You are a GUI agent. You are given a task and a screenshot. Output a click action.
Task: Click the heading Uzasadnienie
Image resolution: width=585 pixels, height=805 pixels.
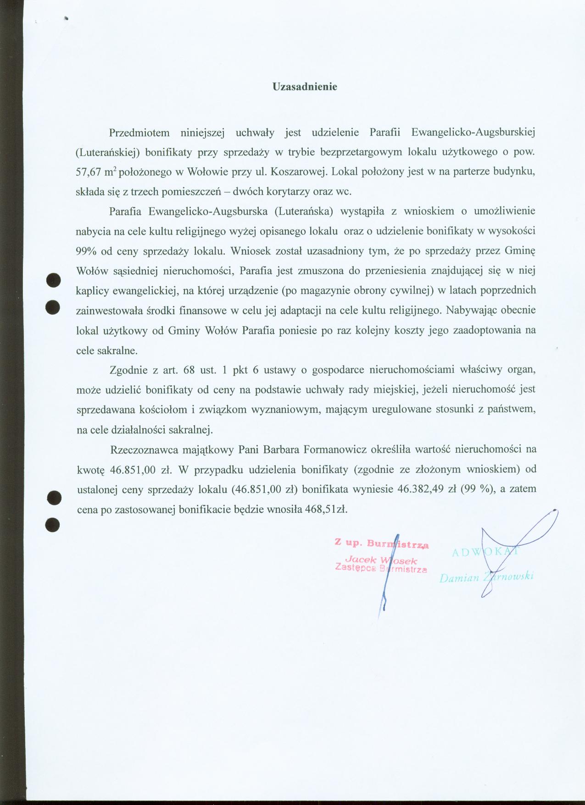coord(305,87)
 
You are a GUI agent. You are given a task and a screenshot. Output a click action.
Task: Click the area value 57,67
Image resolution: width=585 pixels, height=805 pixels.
coord(87,172)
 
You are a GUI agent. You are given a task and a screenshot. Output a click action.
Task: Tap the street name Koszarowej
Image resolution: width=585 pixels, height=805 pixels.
coord(298,172)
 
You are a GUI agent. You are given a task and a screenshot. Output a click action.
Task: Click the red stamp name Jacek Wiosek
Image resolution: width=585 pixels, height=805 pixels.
coord(381,560)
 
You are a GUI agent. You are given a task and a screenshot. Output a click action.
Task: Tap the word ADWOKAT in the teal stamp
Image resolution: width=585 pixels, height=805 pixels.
coord(485,552)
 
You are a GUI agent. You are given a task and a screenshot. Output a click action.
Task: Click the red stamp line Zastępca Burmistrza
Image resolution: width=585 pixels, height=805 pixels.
coord(381,569)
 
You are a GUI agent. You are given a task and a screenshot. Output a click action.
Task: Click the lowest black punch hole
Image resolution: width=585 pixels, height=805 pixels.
coord(53,524)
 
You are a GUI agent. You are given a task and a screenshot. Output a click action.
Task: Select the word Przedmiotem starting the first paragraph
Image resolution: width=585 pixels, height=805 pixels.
coord(139,133)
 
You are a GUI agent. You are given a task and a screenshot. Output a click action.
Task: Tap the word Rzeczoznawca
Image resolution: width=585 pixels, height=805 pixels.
coord(143,449)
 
